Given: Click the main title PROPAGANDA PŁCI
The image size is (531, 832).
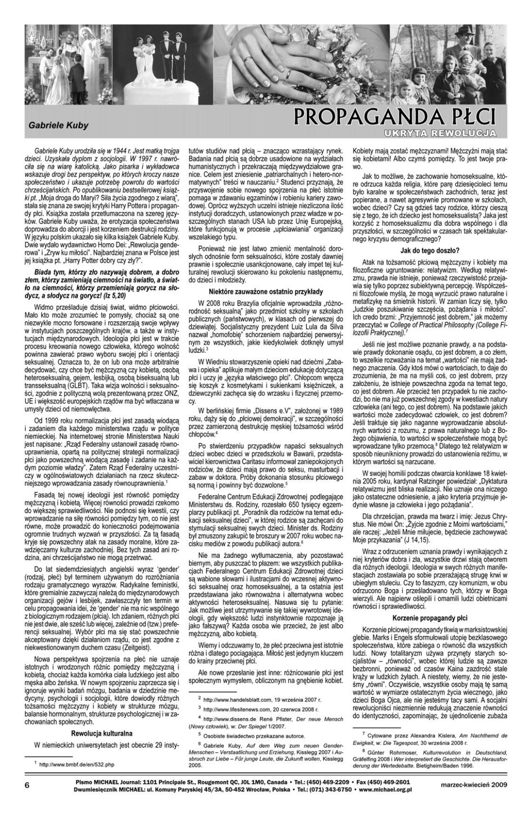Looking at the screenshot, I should (394, 116).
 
